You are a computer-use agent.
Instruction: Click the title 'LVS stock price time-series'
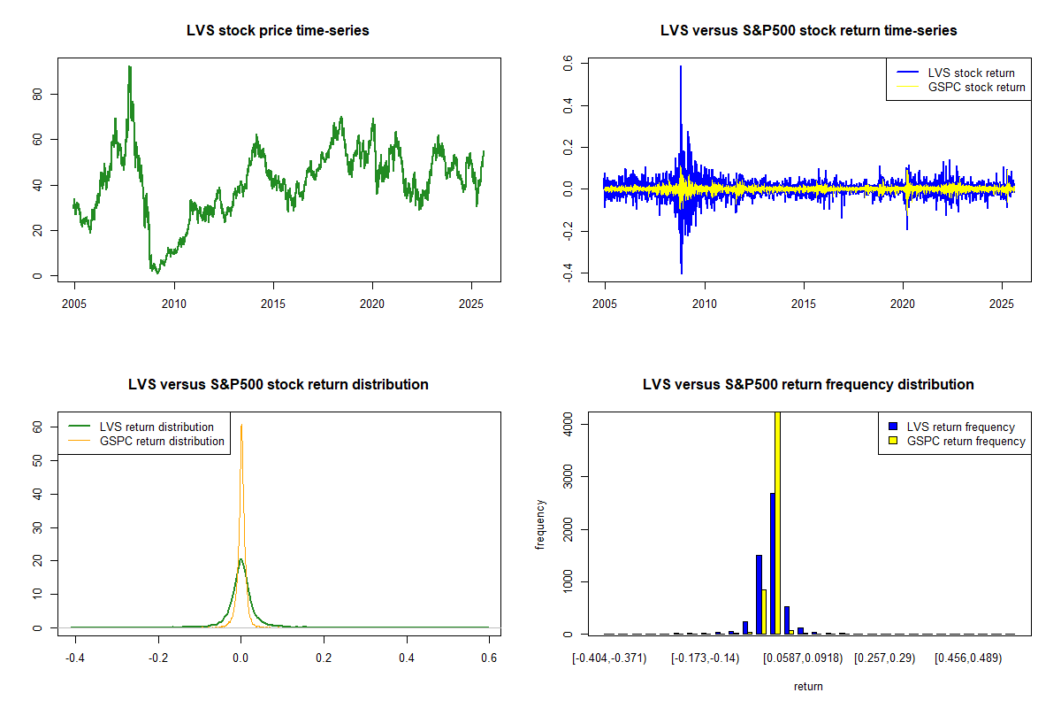pyautogui.click(x=278, y=31)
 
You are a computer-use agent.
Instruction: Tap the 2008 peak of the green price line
pyautogui.click(x=129, y=67)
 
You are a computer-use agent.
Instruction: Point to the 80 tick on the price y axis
pyautogui.click(x=36, y=94)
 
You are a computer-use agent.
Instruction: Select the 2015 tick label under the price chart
pyautogui.click(x=273, y=302)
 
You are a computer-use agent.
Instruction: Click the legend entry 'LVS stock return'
pyautogui.click(x=971, y=73)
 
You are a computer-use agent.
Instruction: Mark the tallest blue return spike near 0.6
pyautogui.click(x=681, y=67)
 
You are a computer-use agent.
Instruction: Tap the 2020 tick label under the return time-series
pyautogui.click(x=903, y=302)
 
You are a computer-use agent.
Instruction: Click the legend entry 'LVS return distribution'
pyautogui.click(x=156, y=427)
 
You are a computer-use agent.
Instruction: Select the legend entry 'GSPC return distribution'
pyautogui.click(x=162, y=441)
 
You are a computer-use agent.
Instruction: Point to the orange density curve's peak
pyautogui.click(x=240, y=425)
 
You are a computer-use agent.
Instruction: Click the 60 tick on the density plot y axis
pyautogui.click(x=37, y=427)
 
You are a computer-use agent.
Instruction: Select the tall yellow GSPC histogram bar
pyautogui.click(x=777, y=522)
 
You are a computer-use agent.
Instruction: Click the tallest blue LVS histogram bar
pyautogui.click(x=772, y=563)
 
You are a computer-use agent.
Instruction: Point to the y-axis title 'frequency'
pyautogui.click(x=540, y=523)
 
